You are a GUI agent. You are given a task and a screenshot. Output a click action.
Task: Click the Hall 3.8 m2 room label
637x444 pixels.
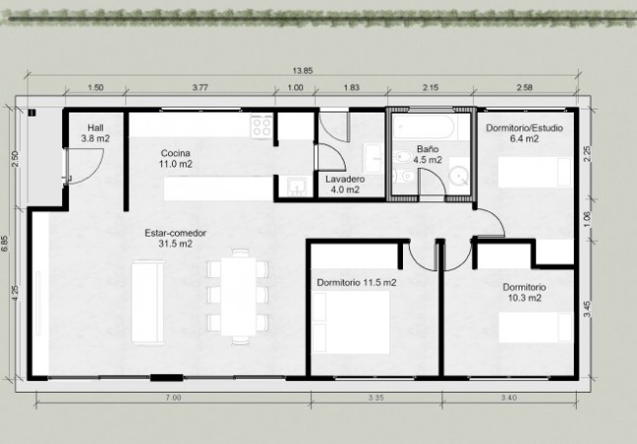96,133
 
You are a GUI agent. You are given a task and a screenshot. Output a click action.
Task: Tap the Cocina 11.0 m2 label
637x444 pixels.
176,159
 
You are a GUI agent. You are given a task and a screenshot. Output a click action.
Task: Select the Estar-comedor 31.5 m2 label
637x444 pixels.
176,238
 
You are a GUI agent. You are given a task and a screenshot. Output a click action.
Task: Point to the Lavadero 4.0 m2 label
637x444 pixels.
345,185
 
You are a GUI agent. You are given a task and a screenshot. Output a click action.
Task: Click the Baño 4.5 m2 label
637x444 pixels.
428,155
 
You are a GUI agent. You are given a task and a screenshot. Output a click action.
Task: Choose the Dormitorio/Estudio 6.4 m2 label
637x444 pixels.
524,133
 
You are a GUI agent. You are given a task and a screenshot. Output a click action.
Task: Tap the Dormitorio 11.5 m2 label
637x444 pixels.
357,282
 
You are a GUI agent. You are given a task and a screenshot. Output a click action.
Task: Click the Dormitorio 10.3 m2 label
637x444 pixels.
524,293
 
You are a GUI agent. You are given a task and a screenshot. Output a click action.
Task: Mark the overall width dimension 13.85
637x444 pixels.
302,71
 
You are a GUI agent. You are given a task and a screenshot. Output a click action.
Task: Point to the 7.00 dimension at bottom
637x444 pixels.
174,398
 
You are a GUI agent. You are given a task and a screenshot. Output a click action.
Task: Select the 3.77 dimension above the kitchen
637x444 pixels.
199,87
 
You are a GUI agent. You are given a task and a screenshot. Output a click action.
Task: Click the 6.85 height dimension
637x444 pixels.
5,244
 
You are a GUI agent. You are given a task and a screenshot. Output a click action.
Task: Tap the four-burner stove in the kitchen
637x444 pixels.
262,126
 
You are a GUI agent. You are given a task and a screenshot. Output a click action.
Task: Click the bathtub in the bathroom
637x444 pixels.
424,126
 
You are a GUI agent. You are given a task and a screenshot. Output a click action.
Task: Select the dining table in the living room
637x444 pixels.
238,296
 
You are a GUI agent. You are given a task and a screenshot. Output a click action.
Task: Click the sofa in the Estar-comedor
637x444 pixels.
148,303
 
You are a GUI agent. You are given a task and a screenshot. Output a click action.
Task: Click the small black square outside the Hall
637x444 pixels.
32,112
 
